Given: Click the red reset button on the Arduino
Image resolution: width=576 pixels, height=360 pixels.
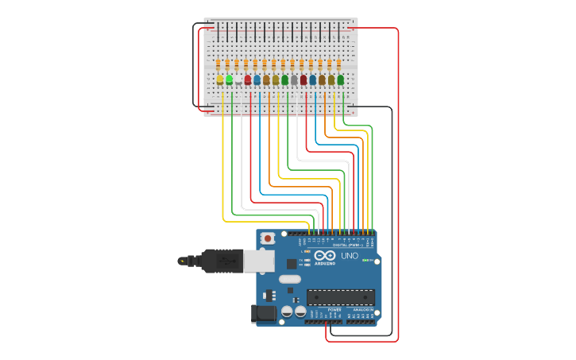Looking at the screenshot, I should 269,238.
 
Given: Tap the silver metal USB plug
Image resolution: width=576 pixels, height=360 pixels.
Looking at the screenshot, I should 259,261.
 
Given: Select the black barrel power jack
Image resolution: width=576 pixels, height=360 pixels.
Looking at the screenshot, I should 264,315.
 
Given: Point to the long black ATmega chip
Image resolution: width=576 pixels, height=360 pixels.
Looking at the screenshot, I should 340,297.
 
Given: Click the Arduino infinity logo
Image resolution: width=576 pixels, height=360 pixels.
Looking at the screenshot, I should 325,256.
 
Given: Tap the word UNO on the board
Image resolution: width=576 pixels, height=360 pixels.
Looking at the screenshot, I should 350,256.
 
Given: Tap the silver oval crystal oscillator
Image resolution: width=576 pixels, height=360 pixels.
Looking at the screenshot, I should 289,279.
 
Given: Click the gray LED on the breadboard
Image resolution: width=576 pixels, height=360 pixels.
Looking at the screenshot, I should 294,80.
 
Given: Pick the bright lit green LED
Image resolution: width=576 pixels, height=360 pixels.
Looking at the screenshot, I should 229,79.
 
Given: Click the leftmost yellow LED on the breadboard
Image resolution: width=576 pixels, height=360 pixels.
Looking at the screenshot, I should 220,79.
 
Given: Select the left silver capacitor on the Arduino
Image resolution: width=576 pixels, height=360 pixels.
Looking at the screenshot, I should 288,312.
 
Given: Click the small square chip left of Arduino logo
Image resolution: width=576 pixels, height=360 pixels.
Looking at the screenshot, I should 292,263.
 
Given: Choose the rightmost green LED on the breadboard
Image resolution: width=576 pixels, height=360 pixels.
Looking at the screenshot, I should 341,79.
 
